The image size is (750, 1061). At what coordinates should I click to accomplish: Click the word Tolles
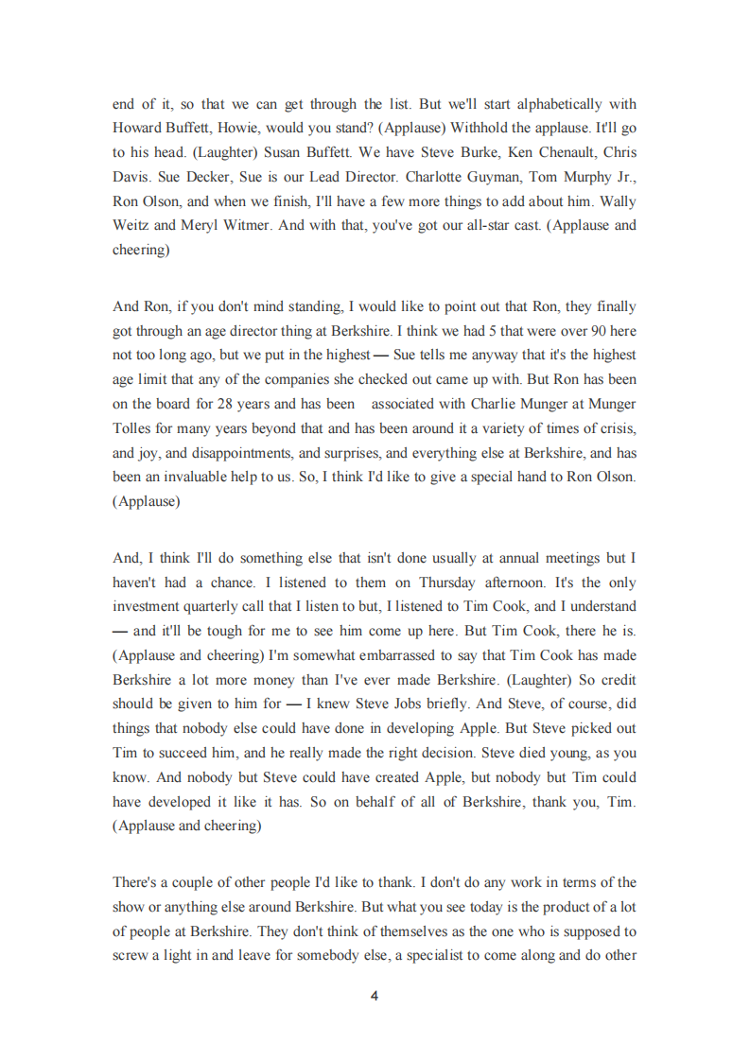(x=132, y=428)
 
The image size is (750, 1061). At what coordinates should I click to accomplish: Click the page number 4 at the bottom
(x=375, y=996)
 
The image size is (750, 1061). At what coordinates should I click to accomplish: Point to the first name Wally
(x=619, y=201)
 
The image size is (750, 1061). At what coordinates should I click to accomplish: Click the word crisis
(x=616, y=428)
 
